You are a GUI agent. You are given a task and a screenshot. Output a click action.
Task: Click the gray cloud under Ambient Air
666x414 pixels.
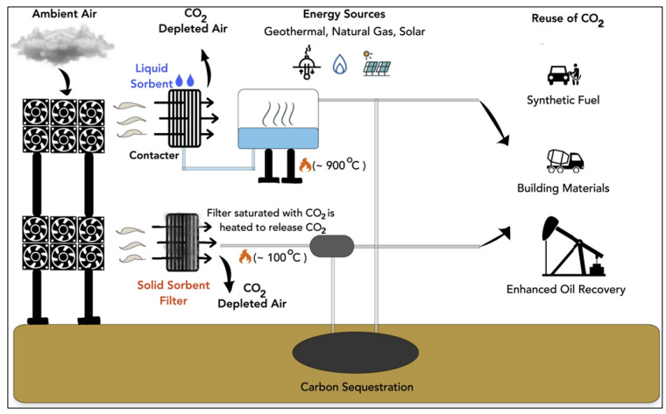click(62, 44)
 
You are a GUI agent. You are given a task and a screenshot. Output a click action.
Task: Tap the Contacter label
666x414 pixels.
click(153, 155)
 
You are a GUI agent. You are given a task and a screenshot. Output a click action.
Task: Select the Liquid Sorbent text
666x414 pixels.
click(152, 76)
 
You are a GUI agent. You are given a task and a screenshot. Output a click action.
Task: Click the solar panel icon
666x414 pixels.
click(377, 65)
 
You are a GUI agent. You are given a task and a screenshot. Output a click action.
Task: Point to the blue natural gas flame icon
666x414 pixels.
click(340, 65)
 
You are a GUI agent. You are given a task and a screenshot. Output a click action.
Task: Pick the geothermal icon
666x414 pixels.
click(307, 63)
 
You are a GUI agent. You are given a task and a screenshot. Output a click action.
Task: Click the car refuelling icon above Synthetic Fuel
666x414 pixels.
click(564, 74)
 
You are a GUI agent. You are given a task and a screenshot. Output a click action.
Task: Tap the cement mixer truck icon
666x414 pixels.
click(565, 161)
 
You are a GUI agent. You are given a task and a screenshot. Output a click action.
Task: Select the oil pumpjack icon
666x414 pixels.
click(573, 246)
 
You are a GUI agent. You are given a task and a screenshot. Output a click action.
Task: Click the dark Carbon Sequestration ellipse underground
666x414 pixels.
click(356, 353)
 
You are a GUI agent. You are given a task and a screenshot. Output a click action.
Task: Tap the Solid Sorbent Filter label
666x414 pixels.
click(174, 292)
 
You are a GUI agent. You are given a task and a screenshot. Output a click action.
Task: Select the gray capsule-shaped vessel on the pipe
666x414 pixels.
click(332, 247)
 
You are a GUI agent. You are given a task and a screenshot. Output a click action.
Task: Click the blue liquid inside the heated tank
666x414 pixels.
click(278, 138)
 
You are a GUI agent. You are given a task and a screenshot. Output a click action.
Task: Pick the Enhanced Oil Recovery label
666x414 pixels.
click(566, 290)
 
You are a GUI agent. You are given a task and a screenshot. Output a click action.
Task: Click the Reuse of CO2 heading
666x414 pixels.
click(568, 19)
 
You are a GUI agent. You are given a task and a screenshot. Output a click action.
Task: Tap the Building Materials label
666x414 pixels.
click(563, 188)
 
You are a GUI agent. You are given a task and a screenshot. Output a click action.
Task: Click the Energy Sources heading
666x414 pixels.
click(344, 14)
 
